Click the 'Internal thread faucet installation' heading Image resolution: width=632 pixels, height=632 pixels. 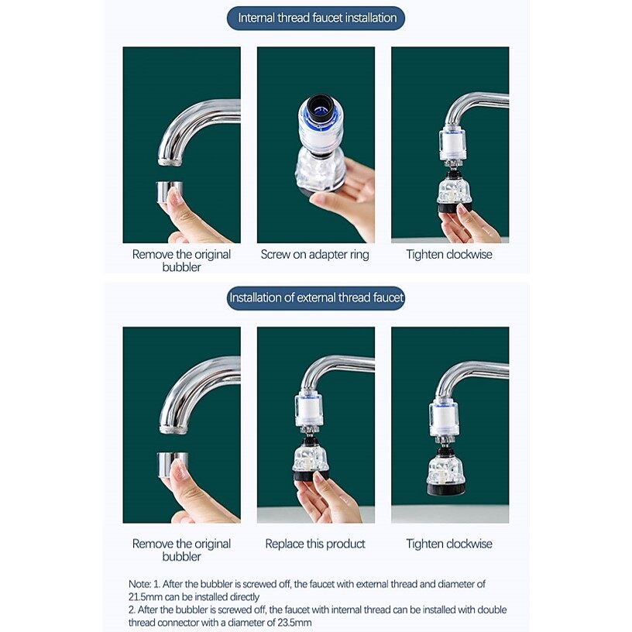pyautogui.click(x=317, y=18)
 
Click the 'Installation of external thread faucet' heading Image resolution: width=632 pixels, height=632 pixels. pyautogui.click(x=316, y=297)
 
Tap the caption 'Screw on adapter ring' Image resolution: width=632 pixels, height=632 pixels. pyautogui.click(x=314, y=254)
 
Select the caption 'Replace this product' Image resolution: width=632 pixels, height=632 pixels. pyautogui.click(x=315, y=544)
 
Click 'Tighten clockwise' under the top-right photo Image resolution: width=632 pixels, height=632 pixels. pyautogui.click(x=449, y=254)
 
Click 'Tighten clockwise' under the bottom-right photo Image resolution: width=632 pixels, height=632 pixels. pyautogui.click(x=449, y=544)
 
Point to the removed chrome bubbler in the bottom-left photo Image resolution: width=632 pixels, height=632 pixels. pyautogui.click(x=172, y=463)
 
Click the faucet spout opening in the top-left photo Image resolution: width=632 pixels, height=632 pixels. pyautogui.click(x=171, y=162)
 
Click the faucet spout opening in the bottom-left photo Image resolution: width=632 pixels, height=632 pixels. pyautogui.click(x=173, y=430)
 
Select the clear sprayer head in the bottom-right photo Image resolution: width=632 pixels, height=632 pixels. pyautogui.click(x=446, y=476)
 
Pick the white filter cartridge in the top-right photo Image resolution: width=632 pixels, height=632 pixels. pyautogui.click(x=452, y=144)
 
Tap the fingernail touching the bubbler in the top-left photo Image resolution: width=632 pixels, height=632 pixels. pyautogui.click(x=174, y=198)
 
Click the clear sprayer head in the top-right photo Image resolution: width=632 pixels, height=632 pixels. pyautogui.click(x=454, y=196)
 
